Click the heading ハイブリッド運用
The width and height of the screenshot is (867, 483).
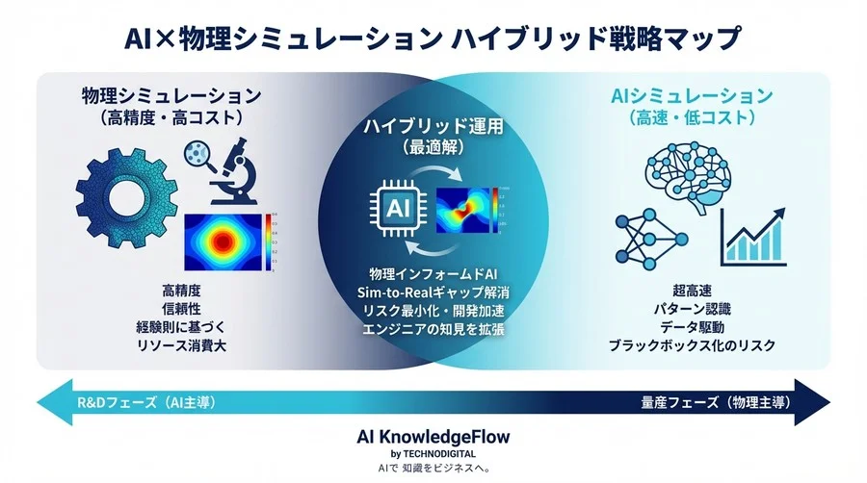tap(433, 128)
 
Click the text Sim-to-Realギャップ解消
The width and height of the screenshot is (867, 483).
tap(433, 292)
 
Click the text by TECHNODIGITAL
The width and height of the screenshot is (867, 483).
tap(433, 453)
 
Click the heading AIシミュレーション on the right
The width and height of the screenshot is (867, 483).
tap(693, 96)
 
